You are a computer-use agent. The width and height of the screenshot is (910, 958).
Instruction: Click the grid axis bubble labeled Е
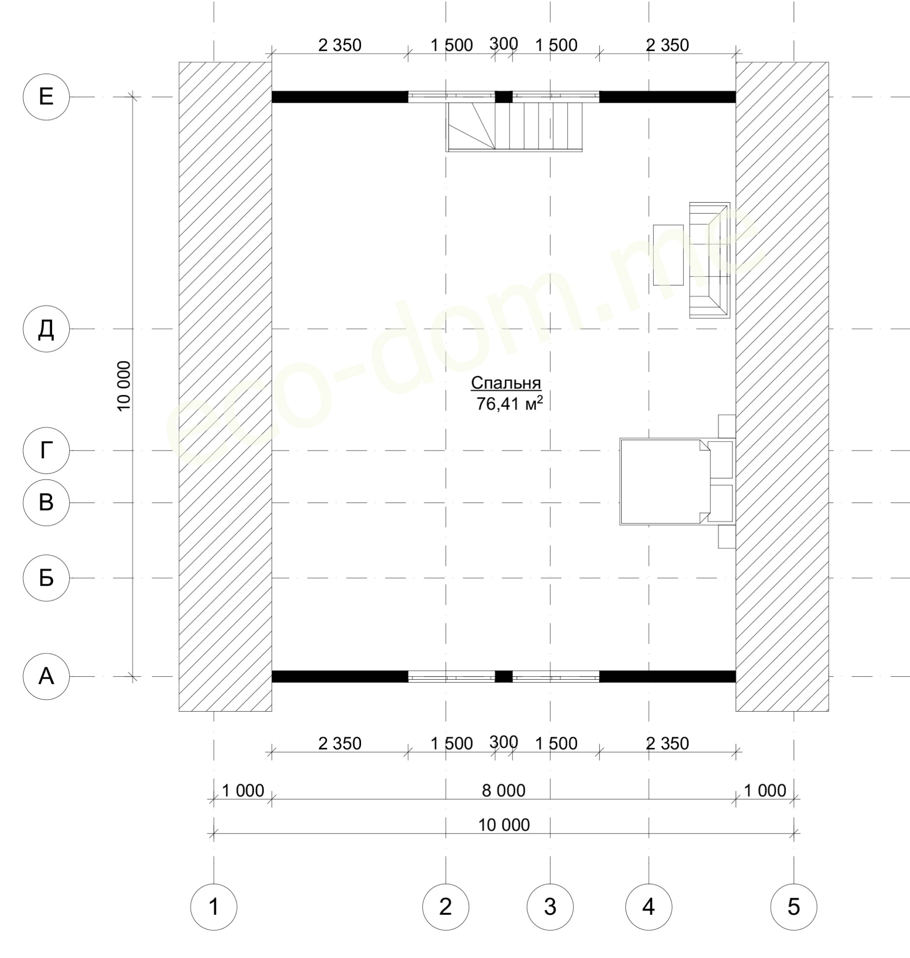click(x=46, y=97)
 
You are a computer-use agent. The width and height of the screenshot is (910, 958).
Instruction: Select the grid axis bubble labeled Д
click(x=46, y=329)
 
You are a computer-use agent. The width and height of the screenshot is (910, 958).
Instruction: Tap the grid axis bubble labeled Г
click(x=46, y=450)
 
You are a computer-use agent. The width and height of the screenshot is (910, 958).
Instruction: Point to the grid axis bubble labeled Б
click(x=46, y=578)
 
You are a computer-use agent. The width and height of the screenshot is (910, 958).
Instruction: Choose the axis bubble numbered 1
click(x=213, y=906)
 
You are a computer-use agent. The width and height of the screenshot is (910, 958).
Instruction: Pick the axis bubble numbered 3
click(x=550, y=906)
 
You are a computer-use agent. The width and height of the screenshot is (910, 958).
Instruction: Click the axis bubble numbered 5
click(x=794, y=906)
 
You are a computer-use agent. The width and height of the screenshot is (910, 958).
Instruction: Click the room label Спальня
click(x=506, y=383)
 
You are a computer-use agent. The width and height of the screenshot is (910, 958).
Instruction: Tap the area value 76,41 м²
click(x=510, y=404)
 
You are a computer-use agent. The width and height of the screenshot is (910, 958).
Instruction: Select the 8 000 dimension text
click(x=504, y=790)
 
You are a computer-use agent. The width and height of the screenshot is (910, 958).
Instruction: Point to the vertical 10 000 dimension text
click(x=124, y=386)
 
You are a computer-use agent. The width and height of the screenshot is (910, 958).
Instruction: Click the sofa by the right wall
click(x=709, y=260)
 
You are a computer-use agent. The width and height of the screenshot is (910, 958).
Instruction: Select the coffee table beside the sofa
click(x=668, y=255)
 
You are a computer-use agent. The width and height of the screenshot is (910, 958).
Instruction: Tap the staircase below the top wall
click(x=515, y=127)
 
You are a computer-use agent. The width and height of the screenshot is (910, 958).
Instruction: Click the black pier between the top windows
click(x=504, y=97)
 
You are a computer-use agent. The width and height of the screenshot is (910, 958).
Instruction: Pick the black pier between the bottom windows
click(x=504, y=677)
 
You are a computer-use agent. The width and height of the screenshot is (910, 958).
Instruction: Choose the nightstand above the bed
click(x=727, y=426)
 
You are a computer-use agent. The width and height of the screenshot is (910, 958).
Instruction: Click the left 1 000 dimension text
click(x=243, y=790)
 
